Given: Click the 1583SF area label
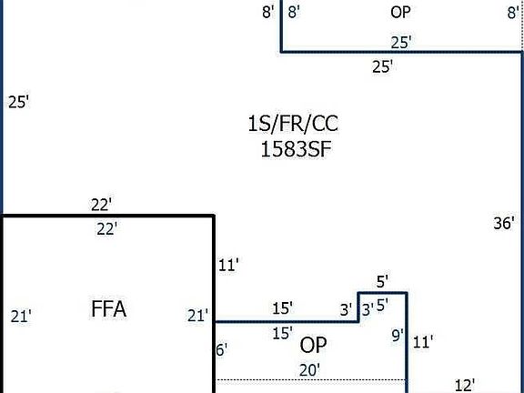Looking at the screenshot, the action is click(296, 149).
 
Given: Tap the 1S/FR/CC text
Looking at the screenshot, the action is click(293, 124).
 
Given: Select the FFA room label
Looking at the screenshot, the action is click(108, 308).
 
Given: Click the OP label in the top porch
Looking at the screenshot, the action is click(400, 13).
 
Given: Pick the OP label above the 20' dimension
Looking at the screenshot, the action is click(313, 345).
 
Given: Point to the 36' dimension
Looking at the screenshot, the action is click(504, 223).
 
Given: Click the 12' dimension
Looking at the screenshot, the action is click(465, 386).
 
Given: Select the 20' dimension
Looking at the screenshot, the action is click(310, 370).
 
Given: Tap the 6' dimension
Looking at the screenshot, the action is click(222, 350).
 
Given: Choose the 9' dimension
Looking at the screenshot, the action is click(398, 335).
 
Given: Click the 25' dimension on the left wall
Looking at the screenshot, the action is click(19, 102).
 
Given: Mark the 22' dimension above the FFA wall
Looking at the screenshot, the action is click(101, 205).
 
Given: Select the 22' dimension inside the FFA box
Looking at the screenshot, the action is click(107, 229).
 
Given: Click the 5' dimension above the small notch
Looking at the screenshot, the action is click(382, 282).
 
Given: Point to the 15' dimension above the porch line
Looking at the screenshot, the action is click(283, 308).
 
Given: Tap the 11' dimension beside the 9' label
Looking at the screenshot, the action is click(423, 343).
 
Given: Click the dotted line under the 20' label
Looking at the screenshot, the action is click(311, 380).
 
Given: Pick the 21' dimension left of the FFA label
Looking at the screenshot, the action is click(21, 317).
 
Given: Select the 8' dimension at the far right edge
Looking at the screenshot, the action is click(513, 13).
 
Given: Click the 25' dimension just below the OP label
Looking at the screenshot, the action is click(401, 43).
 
